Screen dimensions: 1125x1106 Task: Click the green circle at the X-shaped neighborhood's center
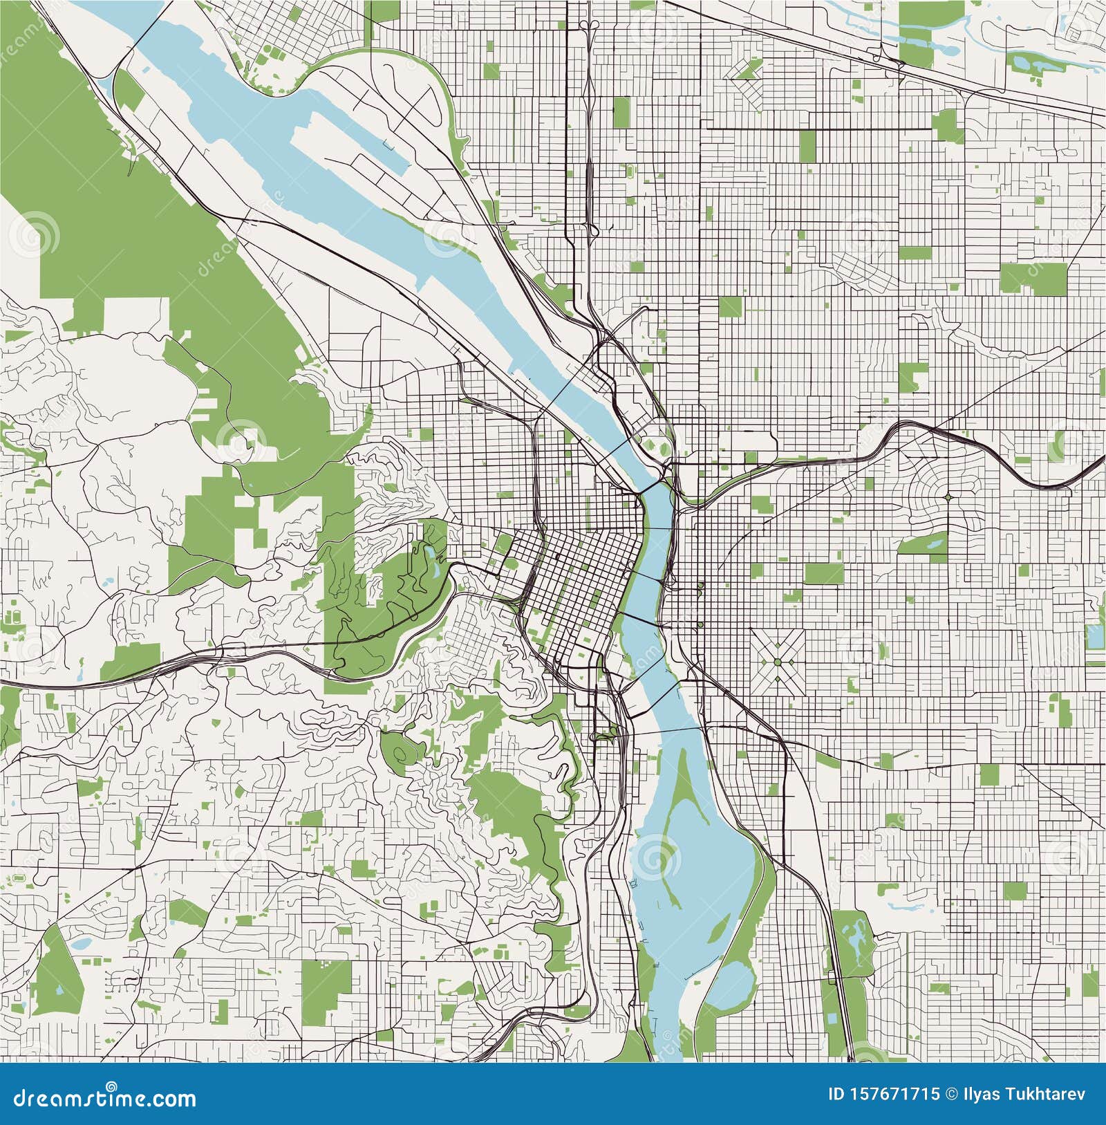click(x=778, y=662)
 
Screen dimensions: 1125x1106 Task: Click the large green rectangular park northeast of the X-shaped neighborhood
click(x=824, y=573)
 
